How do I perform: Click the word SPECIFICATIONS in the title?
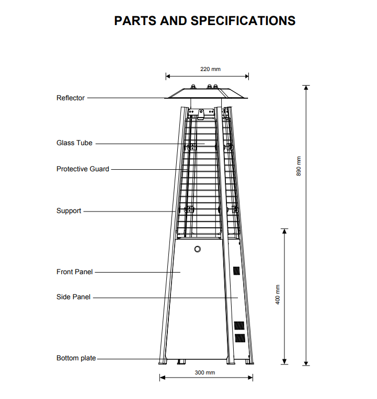(243, 21)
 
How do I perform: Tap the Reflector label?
(70, 98)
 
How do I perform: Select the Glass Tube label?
(74, 143)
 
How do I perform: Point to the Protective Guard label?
(83, 169)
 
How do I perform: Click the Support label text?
(69, 211)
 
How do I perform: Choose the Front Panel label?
(74, 272)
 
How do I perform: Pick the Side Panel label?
(73, 297)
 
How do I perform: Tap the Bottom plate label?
(76, 358)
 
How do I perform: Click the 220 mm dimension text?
(210, 69)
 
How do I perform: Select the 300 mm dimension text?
(205, 372)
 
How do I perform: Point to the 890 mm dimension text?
(299, 166)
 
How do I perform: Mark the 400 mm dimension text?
(278, 295)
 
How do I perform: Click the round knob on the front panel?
(198, 249)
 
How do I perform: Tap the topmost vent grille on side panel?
(237, 271)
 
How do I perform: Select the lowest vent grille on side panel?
(240, 338)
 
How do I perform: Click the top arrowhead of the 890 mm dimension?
(306, 88)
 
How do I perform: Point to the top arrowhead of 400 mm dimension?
(284, 231)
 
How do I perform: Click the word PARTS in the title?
(135, 21)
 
